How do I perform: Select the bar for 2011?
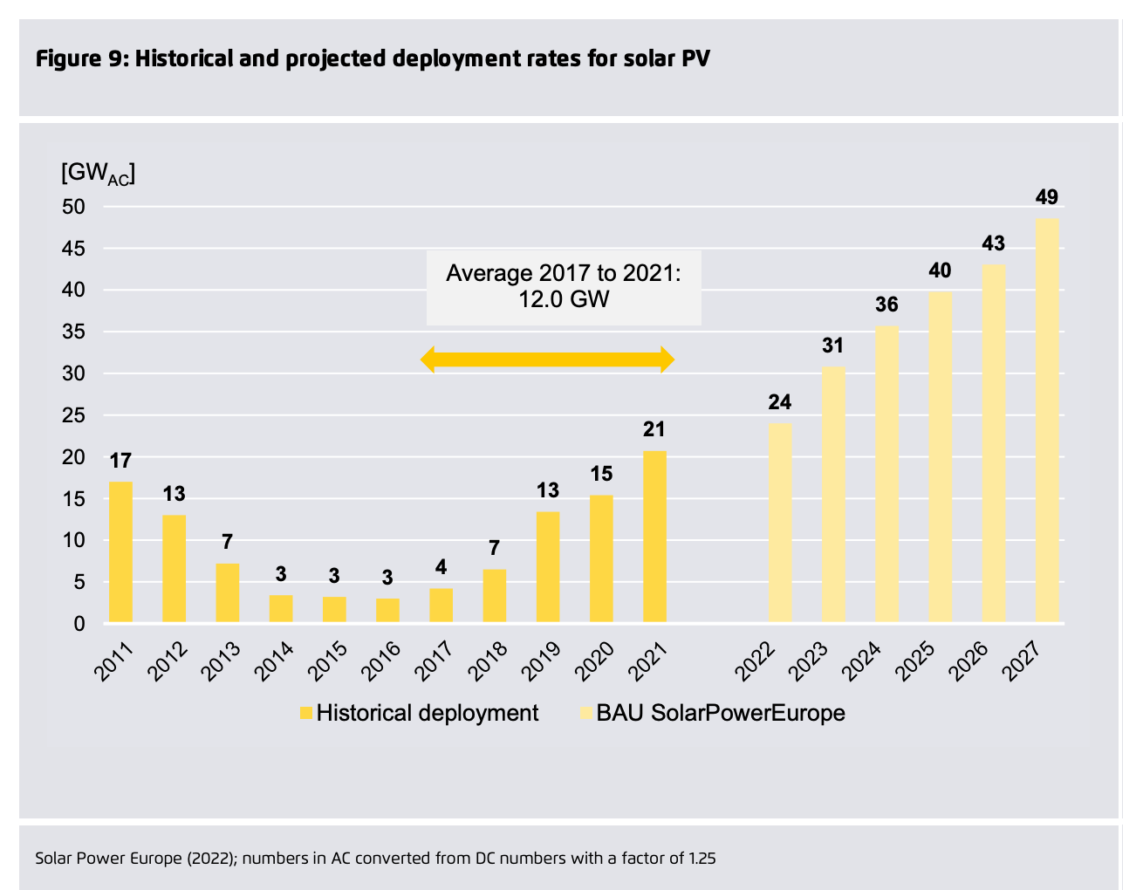(120, 552)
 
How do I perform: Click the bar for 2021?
(655, 537)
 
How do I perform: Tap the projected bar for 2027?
(1047, 421)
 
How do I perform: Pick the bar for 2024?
(886, 475)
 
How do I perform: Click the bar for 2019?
(548, 567)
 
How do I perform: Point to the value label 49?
(1047, 197)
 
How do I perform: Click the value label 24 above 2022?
(780, 402)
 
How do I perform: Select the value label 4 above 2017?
(441, 567)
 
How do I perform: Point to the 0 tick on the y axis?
(79, 624)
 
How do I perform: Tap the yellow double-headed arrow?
(548, 359)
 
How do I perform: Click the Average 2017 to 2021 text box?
(563, 287)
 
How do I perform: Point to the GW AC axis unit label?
(98, 173)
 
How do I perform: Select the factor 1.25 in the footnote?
(701, 858)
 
